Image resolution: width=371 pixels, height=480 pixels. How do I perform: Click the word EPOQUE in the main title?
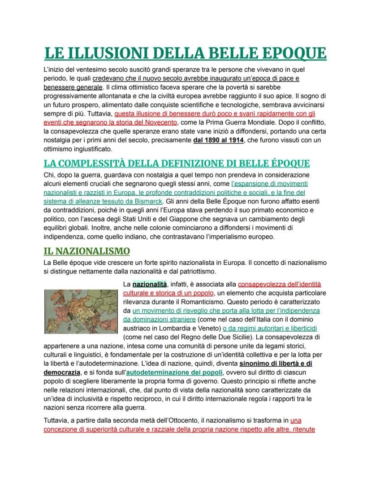pyautogui.click(x=286, y=53)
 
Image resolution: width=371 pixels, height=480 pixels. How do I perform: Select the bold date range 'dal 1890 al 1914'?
pyautogui.click(x=218, y=140)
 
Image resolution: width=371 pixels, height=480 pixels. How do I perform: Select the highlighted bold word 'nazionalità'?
pyautogui.click(x=150, y=284)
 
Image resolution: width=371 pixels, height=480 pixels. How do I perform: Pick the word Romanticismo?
pyautogui.click(x=233, y=301)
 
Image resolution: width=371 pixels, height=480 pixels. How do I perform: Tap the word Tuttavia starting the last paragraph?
pyautogui.click(x=57, y=420)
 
